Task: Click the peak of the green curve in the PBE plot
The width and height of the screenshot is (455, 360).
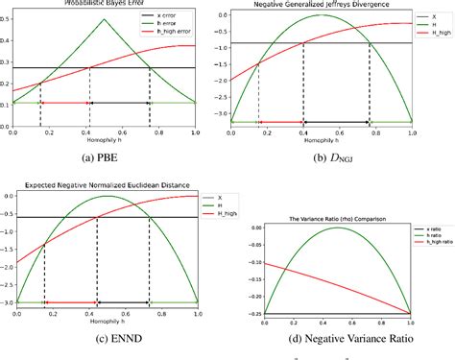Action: tap(105, 19)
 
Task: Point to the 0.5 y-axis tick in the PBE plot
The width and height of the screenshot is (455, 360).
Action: tap(6, 19)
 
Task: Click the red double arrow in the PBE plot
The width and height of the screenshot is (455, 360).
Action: tap(65, 102)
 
